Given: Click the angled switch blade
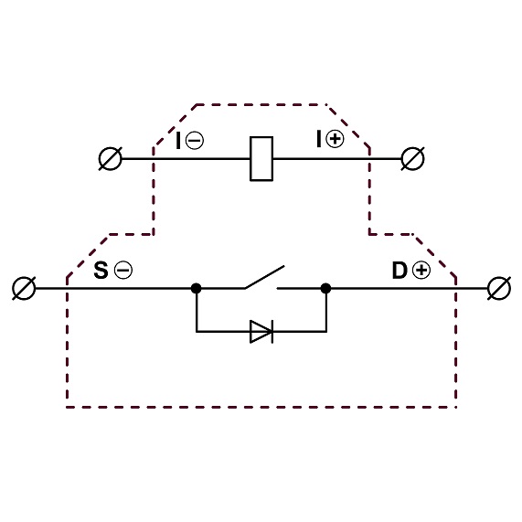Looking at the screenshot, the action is tap(265, 277).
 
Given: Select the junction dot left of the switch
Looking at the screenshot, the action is tap(196, 288).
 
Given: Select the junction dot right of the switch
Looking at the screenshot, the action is tap(325, 288).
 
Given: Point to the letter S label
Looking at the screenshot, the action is tap(101, 270).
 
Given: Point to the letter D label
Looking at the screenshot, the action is tap(399, 270).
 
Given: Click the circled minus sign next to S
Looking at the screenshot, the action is tap(123, 270).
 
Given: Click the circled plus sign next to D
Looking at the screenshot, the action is tap(421, 270).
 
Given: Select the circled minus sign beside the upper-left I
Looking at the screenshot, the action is tap(195, 140).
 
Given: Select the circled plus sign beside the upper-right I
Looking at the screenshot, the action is tap(335, 139).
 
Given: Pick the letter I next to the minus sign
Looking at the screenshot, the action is tap(178, 140).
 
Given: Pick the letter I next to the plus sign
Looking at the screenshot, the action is tap(319, 139).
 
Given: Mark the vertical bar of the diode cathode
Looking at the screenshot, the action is tap(272, 332).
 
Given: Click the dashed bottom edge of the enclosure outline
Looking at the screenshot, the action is tap(261, 407).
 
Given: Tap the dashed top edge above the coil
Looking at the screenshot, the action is tap(261, 104).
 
